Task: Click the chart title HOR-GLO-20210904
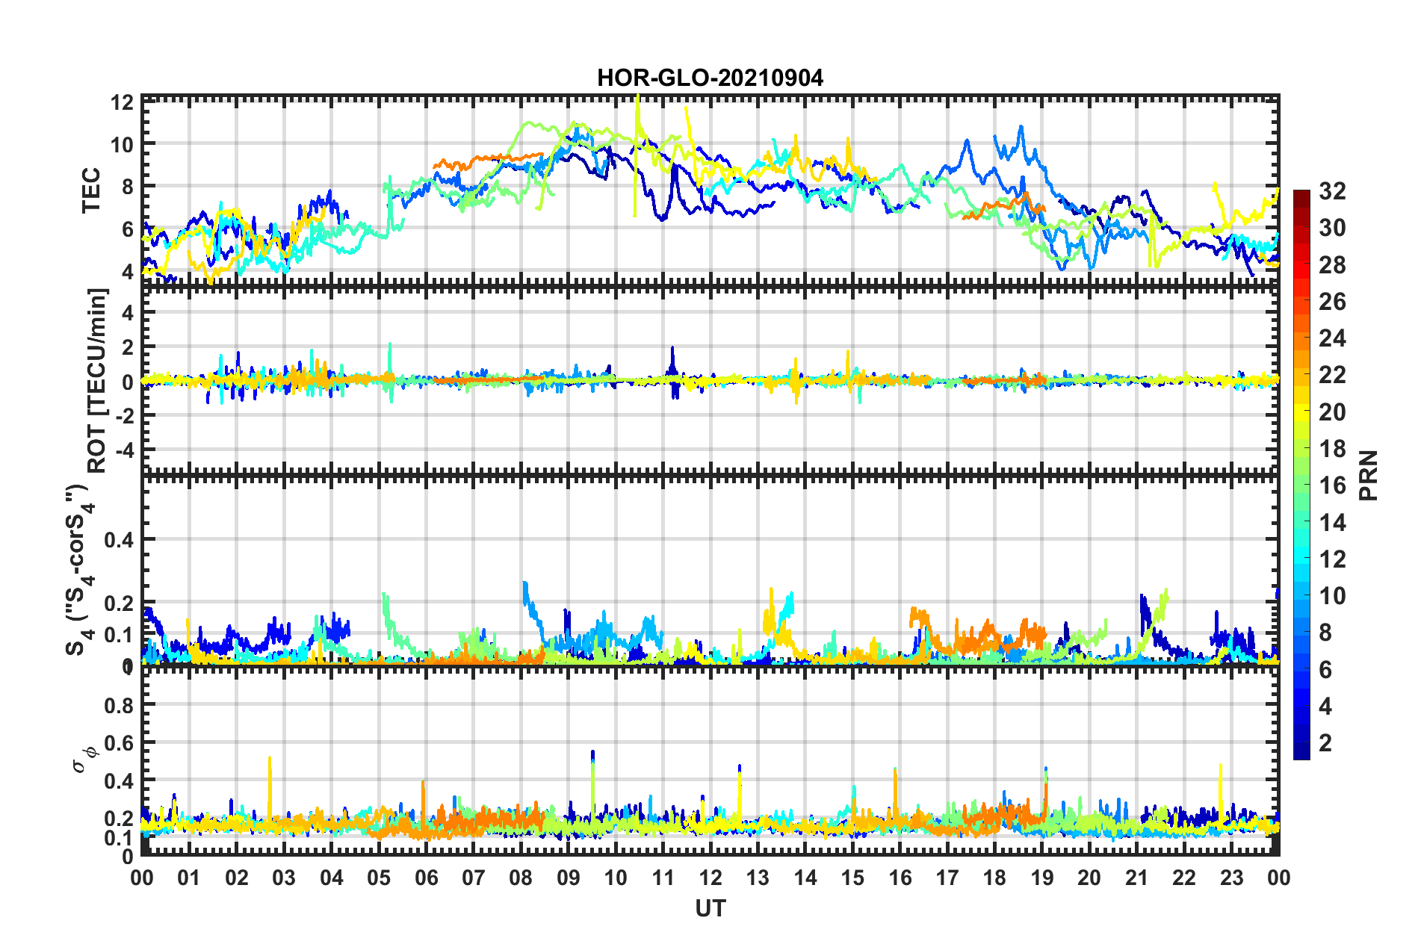click(x=710, y=78)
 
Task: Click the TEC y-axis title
click(x=90, y=190)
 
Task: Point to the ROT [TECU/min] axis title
click(x=97, y=381)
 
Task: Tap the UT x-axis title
click(x=710, y=908)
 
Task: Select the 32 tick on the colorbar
click(x=1332, y=191)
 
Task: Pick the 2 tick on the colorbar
click(x=1325, y=742)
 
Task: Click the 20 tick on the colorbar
click(x=1332, y=412)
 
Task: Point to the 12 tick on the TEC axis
click(x=123, y=102)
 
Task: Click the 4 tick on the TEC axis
click(x=127, y=271)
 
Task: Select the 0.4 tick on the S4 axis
click(x=120, y=539)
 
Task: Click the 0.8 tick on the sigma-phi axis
click(x=120, y=705)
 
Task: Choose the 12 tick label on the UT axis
click(x=710, y=878)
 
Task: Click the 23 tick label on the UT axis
click(x=1231, y=878)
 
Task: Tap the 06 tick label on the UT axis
click(x=426, y=878)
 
